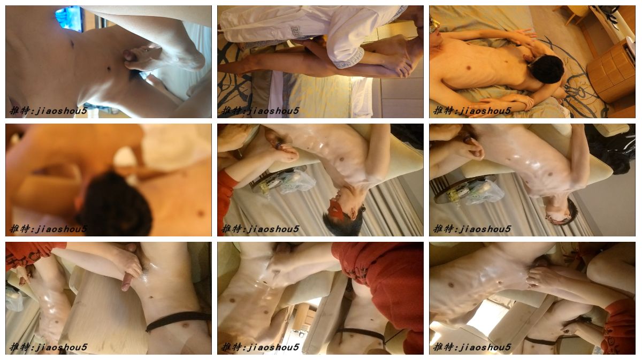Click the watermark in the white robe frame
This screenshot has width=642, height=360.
coord(261,111)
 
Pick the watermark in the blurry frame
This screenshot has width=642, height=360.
coord(48,229)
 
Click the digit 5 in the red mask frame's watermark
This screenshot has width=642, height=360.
coord(296,229)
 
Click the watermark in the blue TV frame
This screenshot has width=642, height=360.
coord(48,111)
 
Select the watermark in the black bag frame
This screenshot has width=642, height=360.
coord(472,229)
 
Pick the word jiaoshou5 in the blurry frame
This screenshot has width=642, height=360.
coord(61,229)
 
